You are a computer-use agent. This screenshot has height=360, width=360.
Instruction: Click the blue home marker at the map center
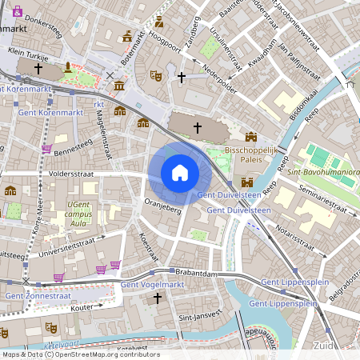pos(180,172)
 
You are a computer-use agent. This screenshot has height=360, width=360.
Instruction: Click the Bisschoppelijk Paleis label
pos(250,154)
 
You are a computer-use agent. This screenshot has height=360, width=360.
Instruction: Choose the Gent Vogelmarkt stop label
pos(152,285)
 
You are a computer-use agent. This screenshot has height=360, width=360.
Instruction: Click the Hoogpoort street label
pos(165,46)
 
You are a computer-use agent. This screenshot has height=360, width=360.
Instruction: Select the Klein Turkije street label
pos(28,59)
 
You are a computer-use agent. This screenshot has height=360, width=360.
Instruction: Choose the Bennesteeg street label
pos(74,148)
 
